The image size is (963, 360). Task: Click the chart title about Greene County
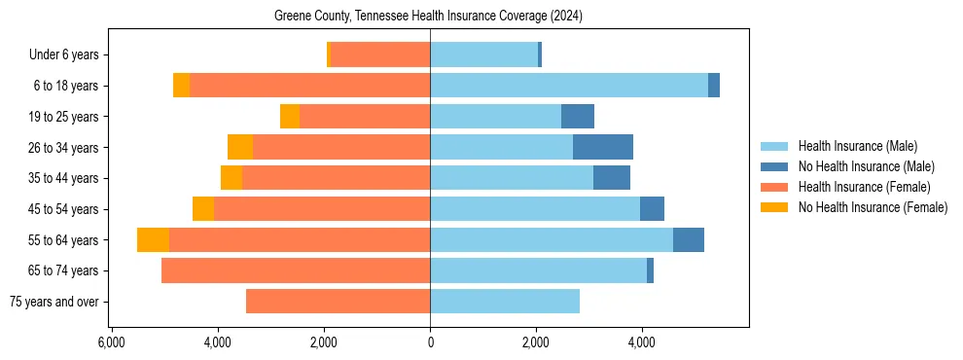click(x=429, y=16)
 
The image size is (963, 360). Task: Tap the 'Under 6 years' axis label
click(x=63, y=55)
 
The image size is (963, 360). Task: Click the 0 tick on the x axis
click(x=430, y=342)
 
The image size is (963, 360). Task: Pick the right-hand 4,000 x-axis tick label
click(x=642, y=342)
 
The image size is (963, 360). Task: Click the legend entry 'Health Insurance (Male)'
click(x=857, y=146)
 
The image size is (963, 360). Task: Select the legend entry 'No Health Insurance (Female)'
click(x=873, y=207)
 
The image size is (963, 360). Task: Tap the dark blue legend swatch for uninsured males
click(x=775, y=166)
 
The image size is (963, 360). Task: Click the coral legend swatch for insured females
click(x=775, y=187)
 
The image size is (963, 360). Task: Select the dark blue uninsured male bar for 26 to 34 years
click(x=603, y=147)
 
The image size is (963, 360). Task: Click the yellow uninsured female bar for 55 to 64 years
click(x=153, y=239)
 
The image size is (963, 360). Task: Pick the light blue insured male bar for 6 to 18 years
click(x=569, y=86)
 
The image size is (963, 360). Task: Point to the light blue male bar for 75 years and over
click(x=505, y=302)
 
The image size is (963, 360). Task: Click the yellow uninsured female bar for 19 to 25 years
click(x=290, y=117)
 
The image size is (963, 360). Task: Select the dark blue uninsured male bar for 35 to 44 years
click(x=612, y=178)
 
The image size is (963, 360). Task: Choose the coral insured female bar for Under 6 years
click(x=380, y=54)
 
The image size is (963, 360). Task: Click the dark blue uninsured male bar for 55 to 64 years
click(x=689, y=239)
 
